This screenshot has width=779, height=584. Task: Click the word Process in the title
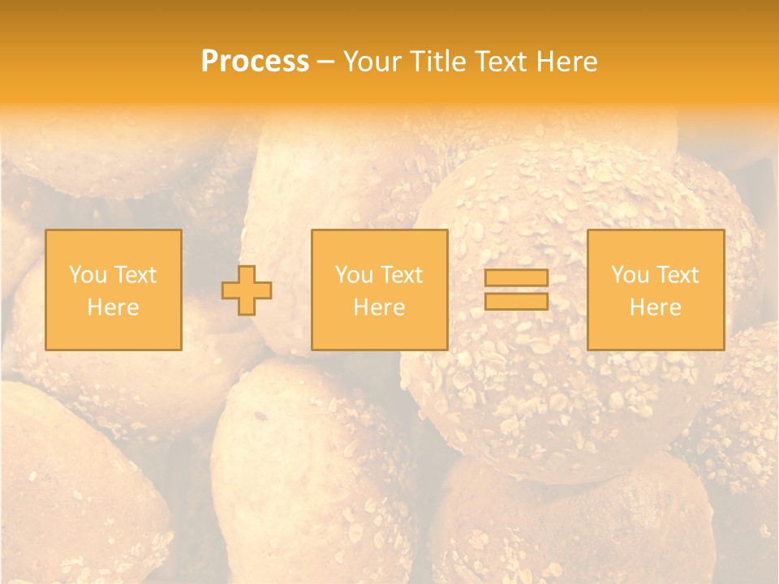[x=255, y=62]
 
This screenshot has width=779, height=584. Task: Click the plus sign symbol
[x=247, y=290]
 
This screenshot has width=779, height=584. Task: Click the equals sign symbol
[x=516, y=290]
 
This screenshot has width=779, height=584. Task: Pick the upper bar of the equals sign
[x=516, y=278]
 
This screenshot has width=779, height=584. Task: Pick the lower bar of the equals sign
[x=516, y=301]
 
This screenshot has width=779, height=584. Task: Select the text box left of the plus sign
[x=114, y=290]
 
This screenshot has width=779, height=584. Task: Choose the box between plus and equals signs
[x=379, y=290]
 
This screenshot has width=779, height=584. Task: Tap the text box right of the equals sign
[x=656, y=290]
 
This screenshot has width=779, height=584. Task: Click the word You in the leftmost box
[x=87, y=275]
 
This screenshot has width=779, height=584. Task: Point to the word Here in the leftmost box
[x=114, y=307]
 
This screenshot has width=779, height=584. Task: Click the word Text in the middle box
[x=401, y=275]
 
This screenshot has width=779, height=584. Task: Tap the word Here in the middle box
[x=379, y=307]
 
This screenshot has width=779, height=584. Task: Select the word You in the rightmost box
[x=630, y=275]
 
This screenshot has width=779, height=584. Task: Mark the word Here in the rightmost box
[x=656, y=307]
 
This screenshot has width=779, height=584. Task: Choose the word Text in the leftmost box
[x=135, y=275]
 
